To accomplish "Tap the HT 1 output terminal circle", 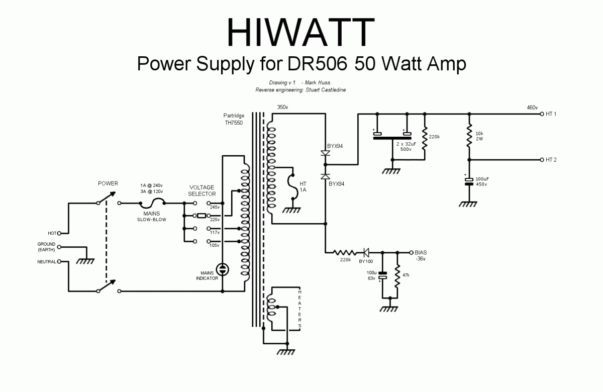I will pyautogui.click(x=542, y=114).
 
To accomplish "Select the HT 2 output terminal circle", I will pyautogui.click(x=542, y=160).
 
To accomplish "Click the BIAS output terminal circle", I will pyautogui.click(x=411, y=252).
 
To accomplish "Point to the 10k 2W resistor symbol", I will pyautogui.click(x=469, y=135).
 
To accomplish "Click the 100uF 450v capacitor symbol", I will pyautogui.click(x=469, y=181).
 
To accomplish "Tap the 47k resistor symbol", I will pyautogui.click(x=397, y=277).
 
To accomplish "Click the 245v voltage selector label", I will pyautogui.click(x=215, y=207).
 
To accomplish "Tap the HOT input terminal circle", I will pyautogui.click(x=59, y=233).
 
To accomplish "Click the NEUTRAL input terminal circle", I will pyautogui.click(x=59, y=261).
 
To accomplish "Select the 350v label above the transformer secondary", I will pyautogui.click(x=282, y=107).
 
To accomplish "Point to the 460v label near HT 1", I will pyautogui.click(x=532, y=108).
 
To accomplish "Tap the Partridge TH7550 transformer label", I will pyautogui.click(x=234, y=119).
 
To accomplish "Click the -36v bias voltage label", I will pyautogui.click(x=420, y=259).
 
